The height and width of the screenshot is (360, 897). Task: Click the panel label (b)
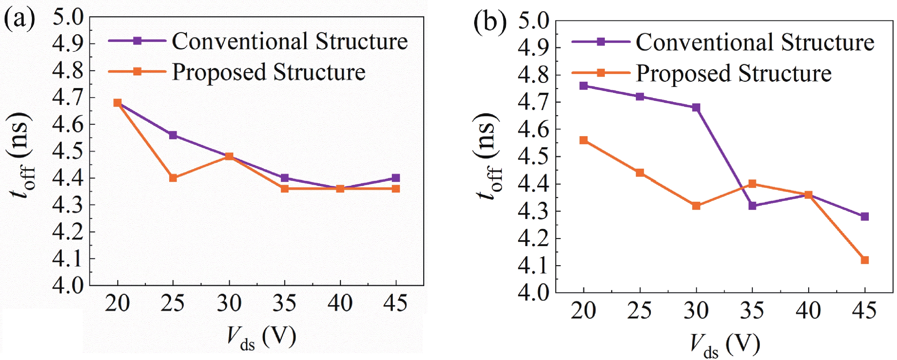click(490, 22)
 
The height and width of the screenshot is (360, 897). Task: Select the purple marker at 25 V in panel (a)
click(173, 135)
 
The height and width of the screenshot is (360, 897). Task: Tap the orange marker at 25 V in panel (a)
click(173, 178)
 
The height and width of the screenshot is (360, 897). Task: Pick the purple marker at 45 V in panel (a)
click(396, 178)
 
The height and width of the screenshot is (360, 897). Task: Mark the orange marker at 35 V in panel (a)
click(284, 189)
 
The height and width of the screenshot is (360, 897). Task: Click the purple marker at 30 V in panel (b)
click(696, 108)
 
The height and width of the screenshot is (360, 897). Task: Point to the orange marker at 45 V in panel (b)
click(865, 260)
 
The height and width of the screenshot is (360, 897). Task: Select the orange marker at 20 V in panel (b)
click(583, 140)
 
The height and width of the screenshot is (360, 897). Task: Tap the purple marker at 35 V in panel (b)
click(752, 206)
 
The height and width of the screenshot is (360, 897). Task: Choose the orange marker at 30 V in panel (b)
click(696, 206)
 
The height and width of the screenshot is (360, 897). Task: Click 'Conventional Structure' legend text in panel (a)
click(290, 41)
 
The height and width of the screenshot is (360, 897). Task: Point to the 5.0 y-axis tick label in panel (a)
click(68, 17)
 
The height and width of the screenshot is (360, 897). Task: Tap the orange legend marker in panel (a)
click(138, 72)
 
